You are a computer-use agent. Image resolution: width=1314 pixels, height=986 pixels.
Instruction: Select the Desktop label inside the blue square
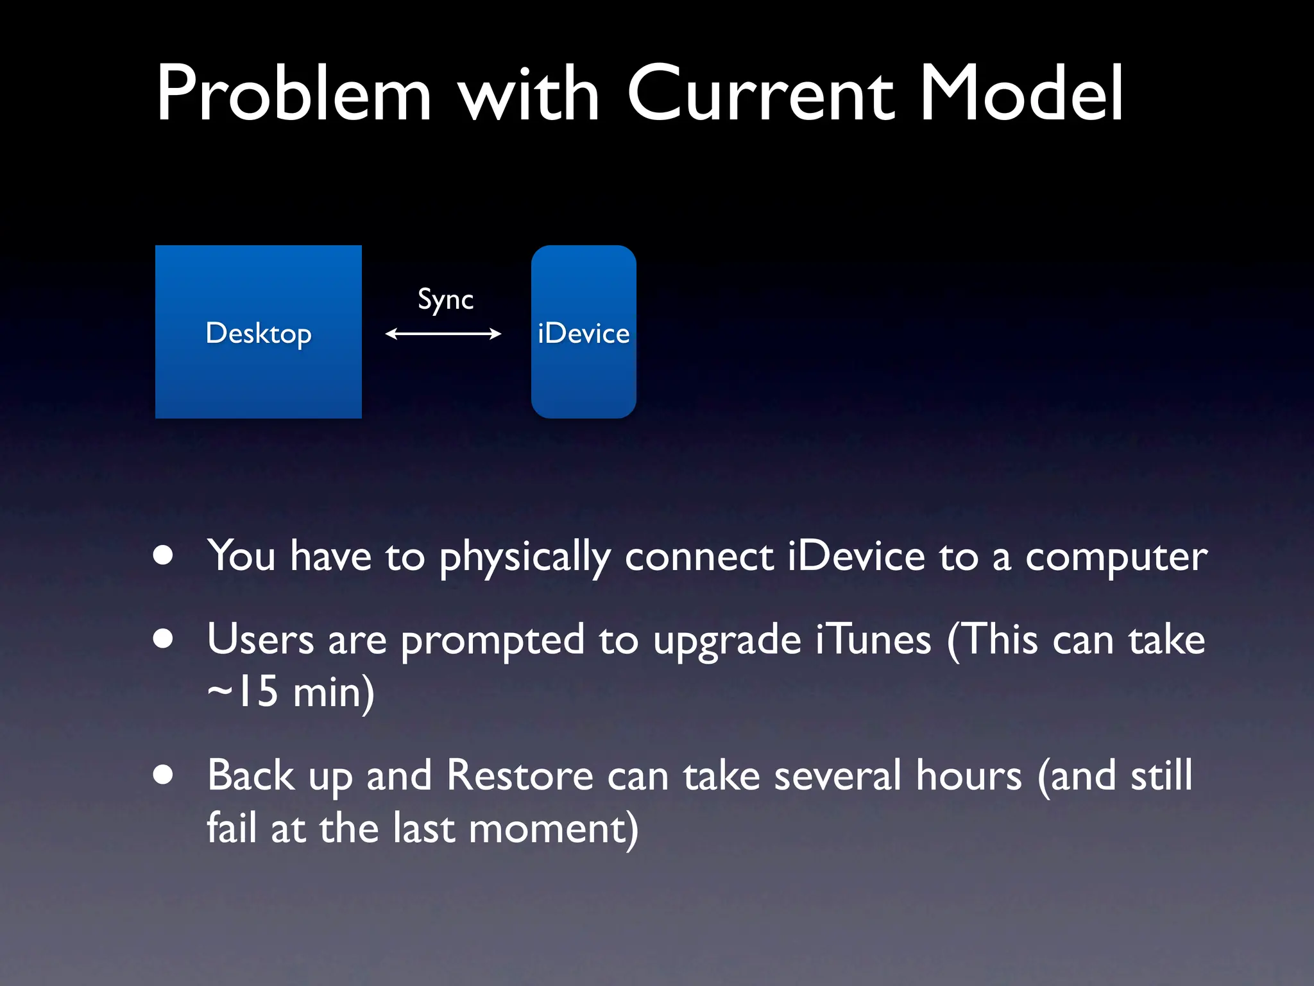[259, 334]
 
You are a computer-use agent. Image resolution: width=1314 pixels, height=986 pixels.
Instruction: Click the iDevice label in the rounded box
[583, 334]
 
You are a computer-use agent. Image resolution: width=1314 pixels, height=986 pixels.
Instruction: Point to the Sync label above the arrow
[445, 300]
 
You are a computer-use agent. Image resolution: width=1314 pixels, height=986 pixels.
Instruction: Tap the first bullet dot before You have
[164, 556]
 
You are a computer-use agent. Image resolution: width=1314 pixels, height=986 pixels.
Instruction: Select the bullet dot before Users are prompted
[164, 639]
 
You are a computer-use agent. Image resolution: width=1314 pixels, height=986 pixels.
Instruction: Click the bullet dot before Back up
[164, 775]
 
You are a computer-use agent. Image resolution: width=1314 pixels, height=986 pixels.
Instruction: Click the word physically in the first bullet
[525, 557]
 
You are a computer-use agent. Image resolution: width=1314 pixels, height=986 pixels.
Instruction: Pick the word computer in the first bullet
[1116, 557]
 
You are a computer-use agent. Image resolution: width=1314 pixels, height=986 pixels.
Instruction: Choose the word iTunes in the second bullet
[874, 641]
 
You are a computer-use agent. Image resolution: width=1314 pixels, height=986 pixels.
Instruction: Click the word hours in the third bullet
[968, 775]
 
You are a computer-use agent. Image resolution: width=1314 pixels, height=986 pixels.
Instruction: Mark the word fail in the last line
[231, 827]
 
